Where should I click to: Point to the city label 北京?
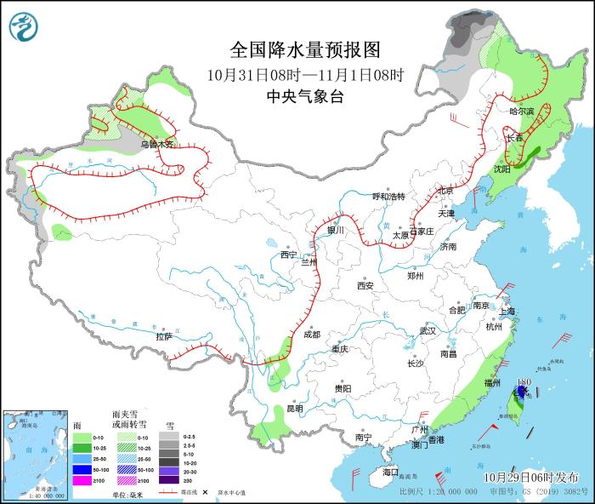point(445,190)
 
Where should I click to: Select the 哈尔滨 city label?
point(521,112)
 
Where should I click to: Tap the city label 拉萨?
point(164,336)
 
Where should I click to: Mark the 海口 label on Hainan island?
point(390,472)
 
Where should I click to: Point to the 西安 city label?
point(365,286)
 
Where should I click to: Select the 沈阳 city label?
point(501,169)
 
